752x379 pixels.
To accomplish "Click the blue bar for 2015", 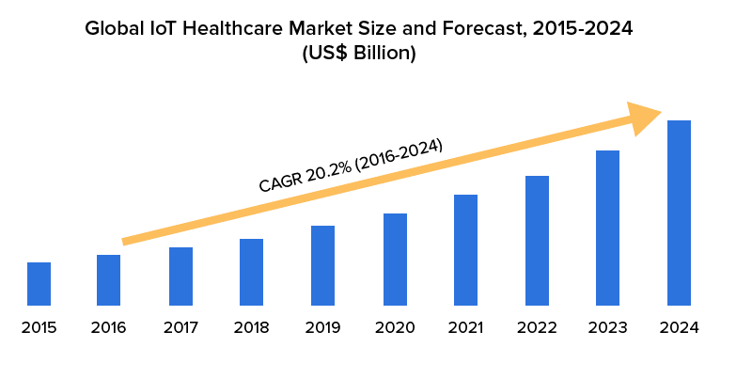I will click(x=39, y=284).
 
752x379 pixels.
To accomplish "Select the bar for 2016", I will click(x=108, y=280).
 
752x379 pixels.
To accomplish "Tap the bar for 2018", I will click(x=251, y=273).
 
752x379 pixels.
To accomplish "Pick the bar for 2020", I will click(x=395, y=260).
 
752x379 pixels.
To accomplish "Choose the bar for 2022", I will click(x=537, y=241).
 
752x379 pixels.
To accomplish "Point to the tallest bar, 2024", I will click(x=679, y=213).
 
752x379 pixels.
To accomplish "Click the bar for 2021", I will click(x=465, y=250).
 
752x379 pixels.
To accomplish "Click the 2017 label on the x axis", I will click(x=180, y=328).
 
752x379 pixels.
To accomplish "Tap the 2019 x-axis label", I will click(x=323, y=328).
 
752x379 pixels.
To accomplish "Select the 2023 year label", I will click(x=607, y=328).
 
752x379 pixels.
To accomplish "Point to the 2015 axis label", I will click(x=39, y=328).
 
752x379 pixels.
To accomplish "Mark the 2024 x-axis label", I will click(x=679, y=328).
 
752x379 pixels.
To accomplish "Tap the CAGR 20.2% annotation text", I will click(x=350, y=166).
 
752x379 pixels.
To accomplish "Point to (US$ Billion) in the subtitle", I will click(x=358, y=54).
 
